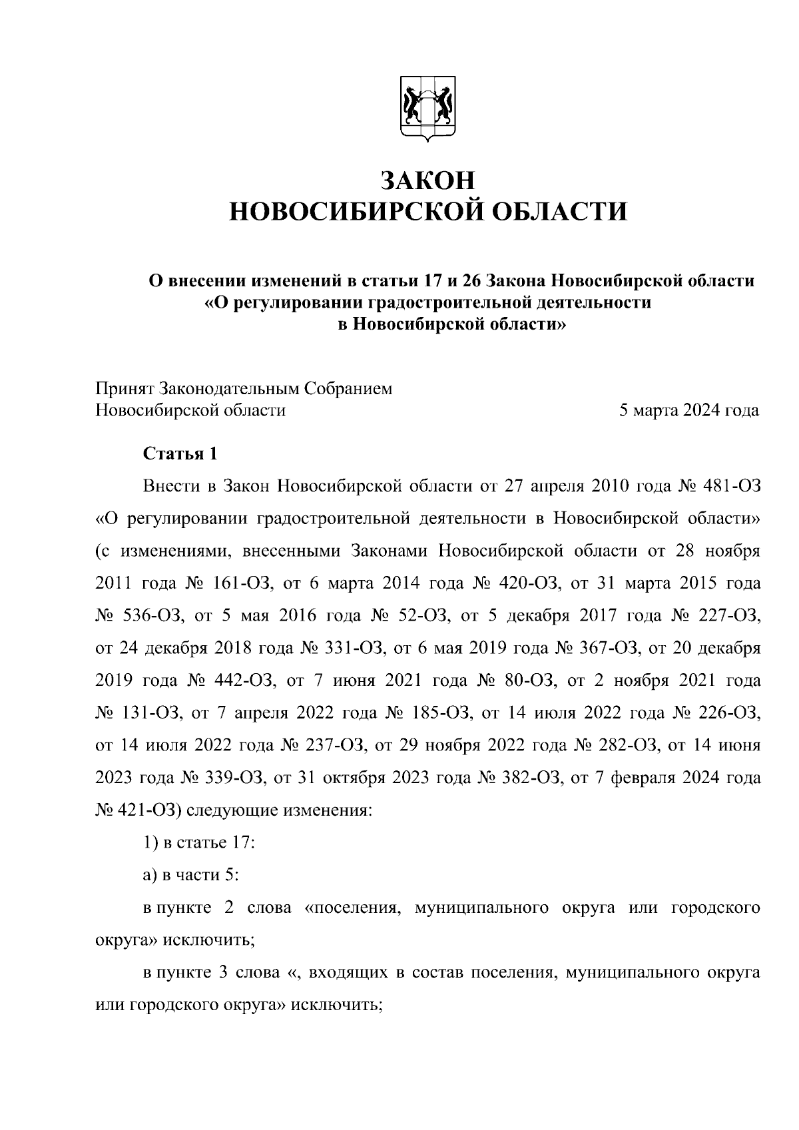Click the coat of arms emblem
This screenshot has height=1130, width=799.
click(428, 110)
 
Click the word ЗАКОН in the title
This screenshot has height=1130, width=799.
click(428, 180)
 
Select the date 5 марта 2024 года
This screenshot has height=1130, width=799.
click(689, 410)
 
